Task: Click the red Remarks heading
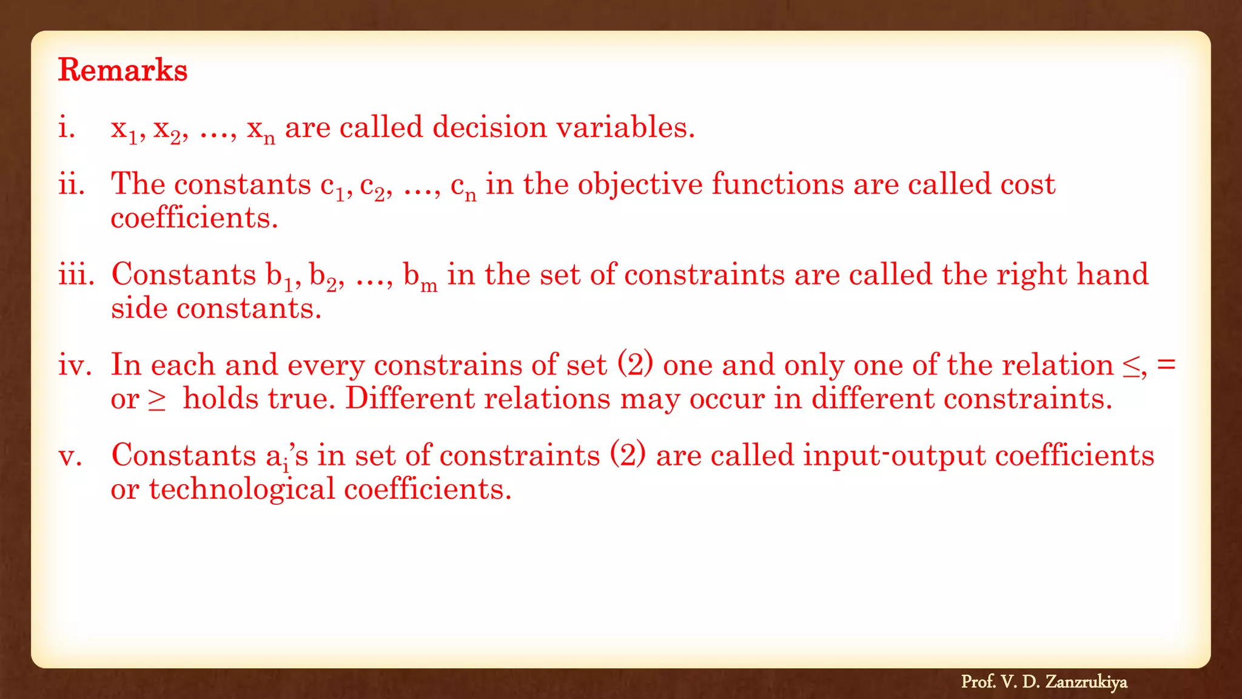point(123,70)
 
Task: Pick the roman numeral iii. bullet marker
point(76,274)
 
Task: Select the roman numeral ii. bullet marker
point(72,184)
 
